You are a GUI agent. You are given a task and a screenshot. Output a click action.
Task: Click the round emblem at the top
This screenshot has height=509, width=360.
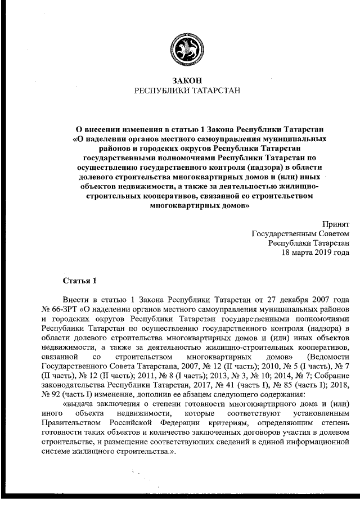tap(180, 48)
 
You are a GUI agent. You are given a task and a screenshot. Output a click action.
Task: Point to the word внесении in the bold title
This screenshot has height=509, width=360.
tap(106, 129)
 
